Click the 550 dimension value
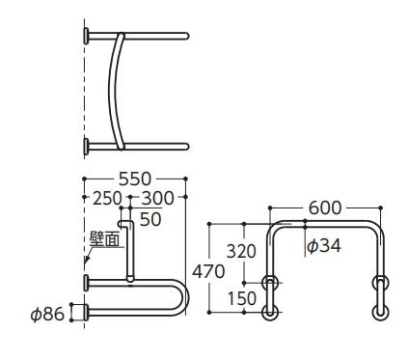(135, 180)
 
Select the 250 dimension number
(107, 198)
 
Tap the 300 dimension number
(158, 198)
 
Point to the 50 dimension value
(150, 219)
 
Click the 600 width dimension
(325, 208)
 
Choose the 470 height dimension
(208, 272)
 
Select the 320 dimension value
(241, 251)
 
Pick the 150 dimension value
(242, 298)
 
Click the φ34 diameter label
(323, 246)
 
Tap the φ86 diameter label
(47, 314)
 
